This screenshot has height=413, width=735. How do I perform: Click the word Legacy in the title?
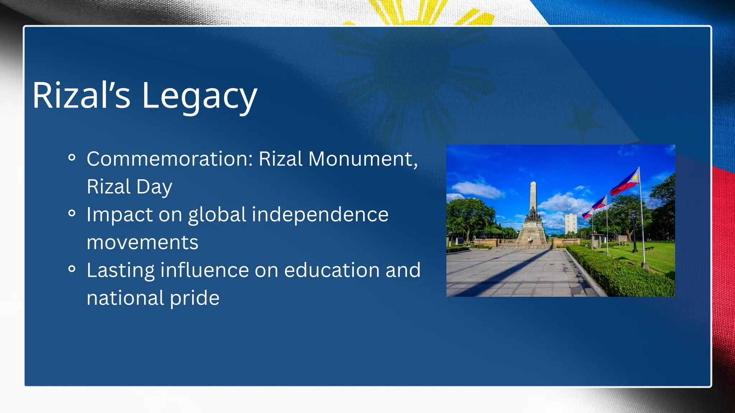point(199,96)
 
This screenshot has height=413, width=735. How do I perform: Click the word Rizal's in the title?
point(81,96)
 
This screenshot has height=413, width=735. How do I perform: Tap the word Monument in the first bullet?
point(362,159)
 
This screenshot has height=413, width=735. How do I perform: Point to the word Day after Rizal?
point(154,187)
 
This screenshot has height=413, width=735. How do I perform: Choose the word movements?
point(142,243)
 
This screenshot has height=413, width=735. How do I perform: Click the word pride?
point(194,298)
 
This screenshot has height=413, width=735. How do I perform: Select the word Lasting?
point(121,270)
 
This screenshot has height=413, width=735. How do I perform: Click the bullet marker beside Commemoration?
point(72,157)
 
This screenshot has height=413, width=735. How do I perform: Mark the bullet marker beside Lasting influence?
point(72,269)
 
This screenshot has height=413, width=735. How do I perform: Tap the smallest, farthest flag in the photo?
point(587,214)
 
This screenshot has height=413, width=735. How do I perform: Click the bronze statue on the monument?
point(533,214)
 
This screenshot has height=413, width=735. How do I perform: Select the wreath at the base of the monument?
point(530,239)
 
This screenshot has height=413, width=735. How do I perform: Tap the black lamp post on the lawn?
point(635,233)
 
